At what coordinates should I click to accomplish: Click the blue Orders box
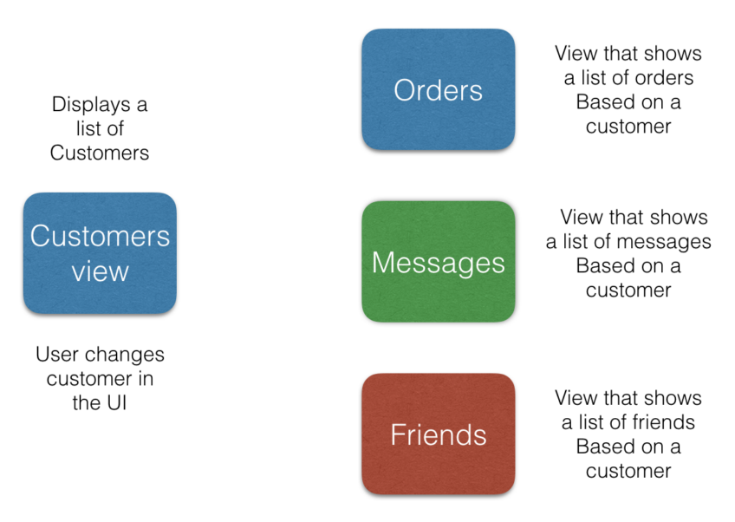coord(438,89)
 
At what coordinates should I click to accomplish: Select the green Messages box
coord(438,262)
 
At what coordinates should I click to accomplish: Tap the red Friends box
coord(438,434)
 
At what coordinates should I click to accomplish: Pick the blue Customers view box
coord(100,253)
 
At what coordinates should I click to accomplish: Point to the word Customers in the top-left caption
coord(100,153)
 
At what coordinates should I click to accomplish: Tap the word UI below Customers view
coord(114,403)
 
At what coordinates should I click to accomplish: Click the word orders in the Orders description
coord(664,78)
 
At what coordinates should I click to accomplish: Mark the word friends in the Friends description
coord(665,423)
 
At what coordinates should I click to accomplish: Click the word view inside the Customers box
coord(100,272)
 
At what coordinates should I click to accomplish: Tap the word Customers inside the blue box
coord(100,236)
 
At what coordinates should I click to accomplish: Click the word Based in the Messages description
coord(605,266)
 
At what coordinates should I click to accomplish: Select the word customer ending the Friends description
coord(628,472)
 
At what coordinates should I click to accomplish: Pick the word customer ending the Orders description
coord(628,127)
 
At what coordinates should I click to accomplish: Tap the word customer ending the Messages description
coord(628,290)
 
